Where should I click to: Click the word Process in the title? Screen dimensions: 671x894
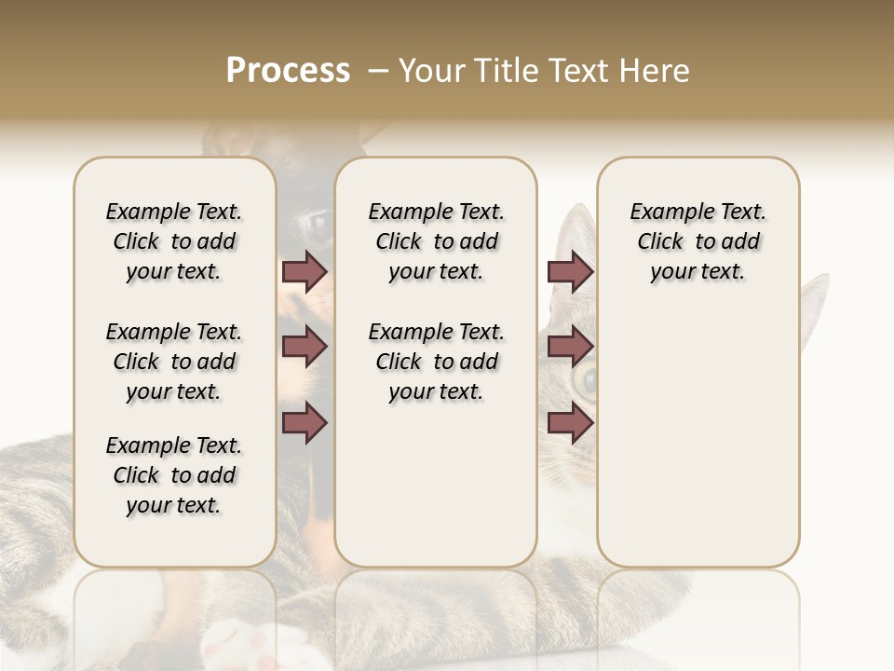(x=288, y=71)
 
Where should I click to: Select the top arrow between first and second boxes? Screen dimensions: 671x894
(x=305, y=271)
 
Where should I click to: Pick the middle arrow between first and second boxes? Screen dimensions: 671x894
(x=305, y=348)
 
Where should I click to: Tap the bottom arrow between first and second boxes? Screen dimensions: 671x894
(x=305, y=423)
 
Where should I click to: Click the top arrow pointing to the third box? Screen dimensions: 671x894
(x=570, y=271)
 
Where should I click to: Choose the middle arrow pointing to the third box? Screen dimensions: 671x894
(x=570, y=348)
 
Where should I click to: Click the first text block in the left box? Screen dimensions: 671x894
(x=174, y=241)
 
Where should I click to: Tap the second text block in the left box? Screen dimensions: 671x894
(x=174, y=362)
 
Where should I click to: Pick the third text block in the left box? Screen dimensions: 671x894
(x=174, y=475)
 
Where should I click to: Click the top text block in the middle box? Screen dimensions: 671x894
(x=436, y=241)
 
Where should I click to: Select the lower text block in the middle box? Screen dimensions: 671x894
(x=436, y=362)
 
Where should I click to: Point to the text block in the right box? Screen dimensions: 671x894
(x=698, y=241)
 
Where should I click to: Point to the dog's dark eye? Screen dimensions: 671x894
(x=315, y=224)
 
